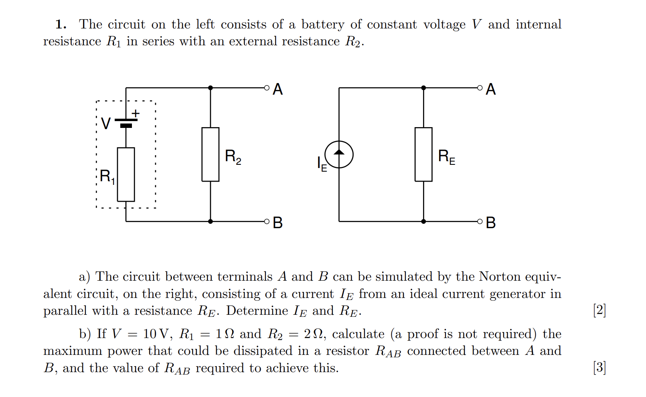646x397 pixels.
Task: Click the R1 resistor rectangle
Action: tap(126, 174)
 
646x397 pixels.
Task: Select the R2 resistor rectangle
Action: tap(210, 154)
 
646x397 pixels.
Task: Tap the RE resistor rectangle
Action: tap(423, 154)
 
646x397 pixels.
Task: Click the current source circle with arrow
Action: tap(339, 154)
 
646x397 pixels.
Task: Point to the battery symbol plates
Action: tap(126, 123)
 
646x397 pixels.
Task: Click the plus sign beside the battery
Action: tap(136, 113)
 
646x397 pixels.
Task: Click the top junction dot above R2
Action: tap(211, 87)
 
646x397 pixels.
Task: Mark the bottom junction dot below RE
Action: tap(423, 221)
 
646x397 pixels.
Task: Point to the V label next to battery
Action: tap(105, 124)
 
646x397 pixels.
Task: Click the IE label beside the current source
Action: tap(322, 164)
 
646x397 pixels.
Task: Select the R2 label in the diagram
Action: tap(233, 156)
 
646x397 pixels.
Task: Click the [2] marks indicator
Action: tap(599, 310)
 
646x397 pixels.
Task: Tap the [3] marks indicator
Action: tap(599, 367)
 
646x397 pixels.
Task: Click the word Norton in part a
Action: tap(500, 276)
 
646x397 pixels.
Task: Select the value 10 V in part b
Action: tap(156, 334)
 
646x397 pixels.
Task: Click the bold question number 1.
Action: tap(60, 24)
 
